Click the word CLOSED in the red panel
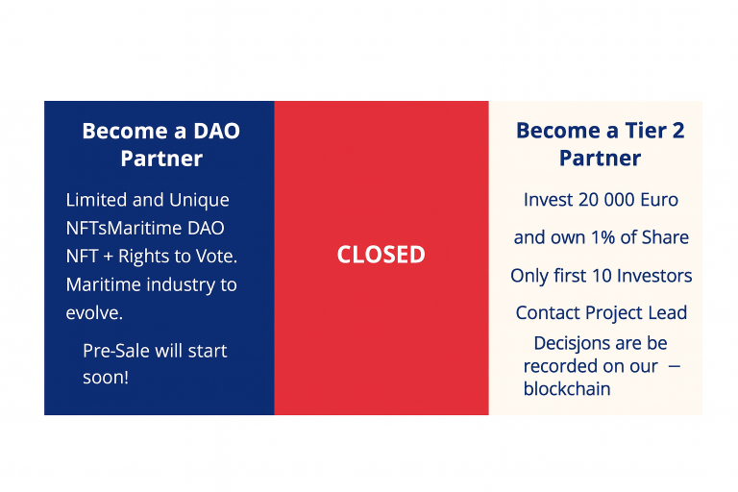(x=381, y=255)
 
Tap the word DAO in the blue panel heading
(x=216, y=131)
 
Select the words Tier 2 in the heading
(x=654, y=131)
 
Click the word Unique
(x=199, y=201)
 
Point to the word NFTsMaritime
(x=124, y=229)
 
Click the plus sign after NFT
(x=109, y=258)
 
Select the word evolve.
(x=94, y=312)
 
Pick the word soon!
(x=106, y=377)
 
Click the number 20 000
(x=606, y=200)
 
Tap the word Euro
(x=659, y=200)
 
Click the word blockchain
(x=567, y=389)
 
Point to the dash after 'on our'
(x=675, y=366)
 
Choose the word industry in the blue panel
(x=181, y=285)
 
